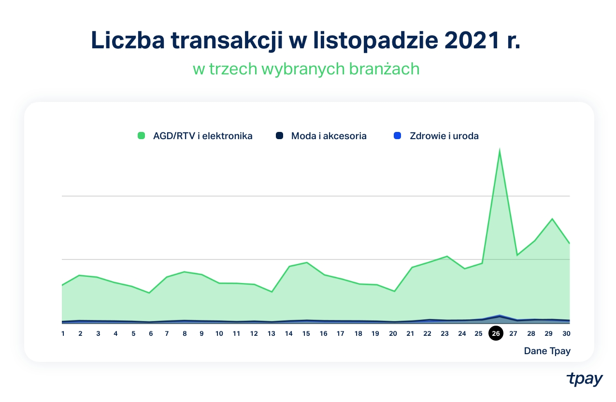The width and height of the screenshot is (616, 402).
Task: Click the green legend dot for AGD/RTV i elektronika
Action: tap(142, 136)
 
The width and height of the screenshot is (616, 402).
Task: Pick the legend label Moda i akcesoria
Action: tap(329, 136)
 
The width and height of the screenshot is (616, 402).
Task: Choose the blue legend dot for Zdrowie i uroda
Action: tap(398, 136)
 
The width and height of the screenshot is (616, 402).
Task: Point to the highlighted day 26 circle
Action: tap(496, 333)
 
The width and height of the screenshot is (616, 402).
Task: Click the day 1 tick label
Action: tap(63, 333)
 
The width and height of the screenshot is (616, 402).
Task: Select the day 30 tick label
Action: tap(566, 333)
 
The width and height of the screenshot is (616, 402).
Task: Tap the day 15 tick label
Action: tap(306, 333)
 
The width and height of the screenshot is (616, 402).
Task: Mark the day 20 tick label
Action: tap(393, 333)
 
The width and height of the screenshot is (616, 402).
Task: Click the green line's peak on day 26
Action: tap(499, 151)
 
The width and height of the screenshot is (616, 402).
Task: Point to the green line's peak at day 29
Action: tap(552, 219)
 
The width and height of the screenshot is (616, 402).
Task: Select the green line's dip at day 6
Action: tap(150, 293)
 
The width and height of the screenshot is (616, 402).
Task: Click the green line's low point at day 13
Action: tap(272, 292)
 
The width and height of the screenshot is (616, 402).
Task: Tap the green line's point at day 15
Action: tap(307, 262)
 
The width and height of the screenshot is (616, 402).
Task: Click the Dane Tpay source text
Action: tap(547, 351)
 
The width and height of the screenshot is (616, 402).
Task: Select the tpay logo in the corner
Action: tap(585, 379)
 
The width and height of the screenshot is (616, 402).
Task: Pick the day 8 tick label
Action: tap(184, 333)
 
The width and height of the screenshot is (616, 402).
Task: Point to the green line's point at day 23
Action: tap(447, 256)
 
